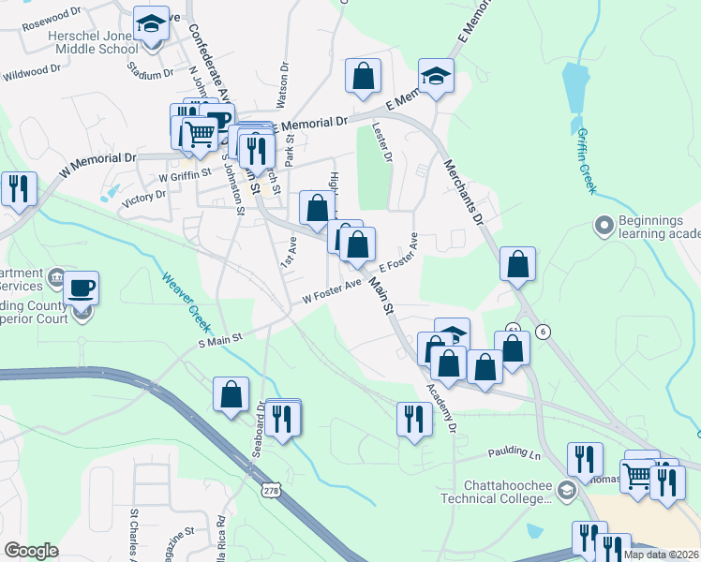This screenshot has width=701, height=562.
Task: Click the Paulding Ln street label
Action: [515, 454]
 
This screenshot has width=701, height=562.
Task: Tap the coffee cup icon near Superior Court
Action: [82, 288]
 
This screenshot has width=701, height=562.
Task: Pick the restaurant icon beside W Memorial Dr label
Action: [19, 188]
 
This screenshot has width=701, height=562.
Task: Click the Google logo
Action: [31, 551]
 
